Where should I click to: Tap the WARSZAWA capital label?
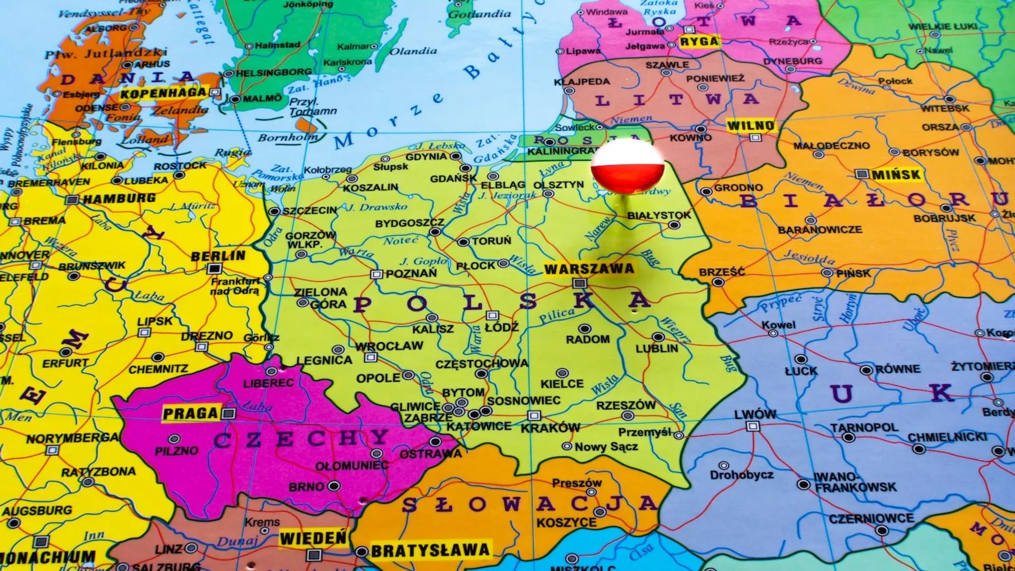coord(589,269)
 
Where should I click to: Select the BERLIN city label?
coord(218,256)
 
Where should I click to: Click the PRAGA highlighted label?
coord(190,413)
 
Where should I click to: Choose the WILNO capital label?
coord(751,126)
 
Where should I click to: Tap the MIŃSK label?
coord(896,174)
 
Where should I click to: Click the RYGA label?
coord(699,42)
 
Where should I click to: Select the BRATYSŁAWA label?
coord(430,551)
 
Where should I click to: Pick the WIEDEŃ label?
coord(313,539)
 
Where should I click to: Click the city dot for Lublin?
coord(658,337)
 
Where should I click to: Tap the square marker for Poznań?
coord(376,274)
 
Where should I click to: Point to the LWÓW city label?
coord(755,415)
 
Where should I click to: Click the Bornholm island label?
coord(288,138)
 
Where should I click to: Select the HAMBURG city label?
coord(119,199)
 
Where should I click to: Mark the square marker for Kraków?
coord(534,415)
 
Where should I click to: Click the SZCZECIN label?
coord(309,211)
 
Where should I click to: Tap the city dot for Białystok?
coord(674,225)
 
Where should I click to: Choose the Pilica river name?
coord(557,316)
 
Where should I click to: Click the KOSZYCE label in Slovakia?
coord(566,523)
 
